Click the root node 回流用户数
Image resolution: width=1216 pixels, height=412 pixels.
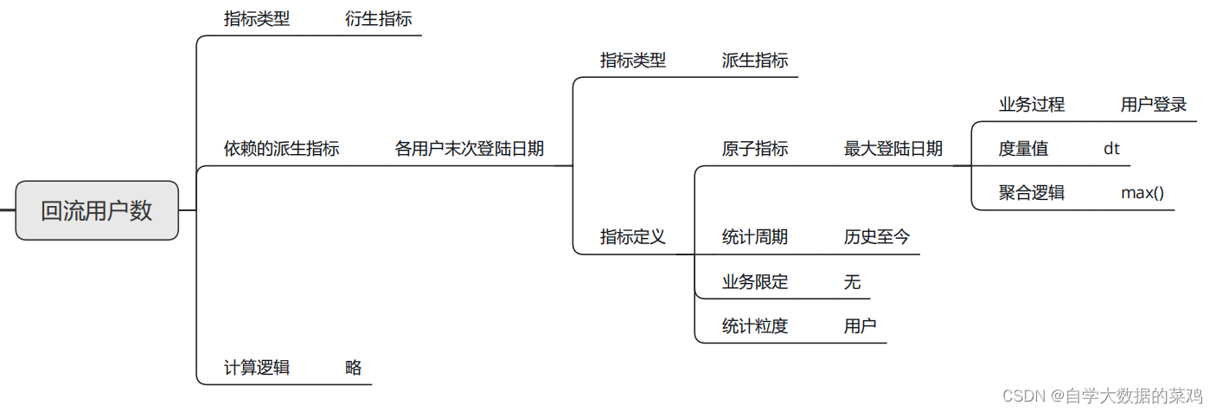[x=97, y=210]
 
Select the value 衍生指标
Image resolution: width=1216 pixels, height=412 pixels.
[x=378, y=19]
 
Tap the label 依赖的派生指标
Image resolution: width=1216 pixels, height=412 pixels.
[x=281, y=148]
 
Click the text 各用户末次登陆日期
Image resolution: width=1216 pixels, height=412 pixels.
[x=470, y=148]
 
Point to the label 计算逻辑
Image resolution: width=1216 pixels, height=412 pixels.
[x=257, y=367]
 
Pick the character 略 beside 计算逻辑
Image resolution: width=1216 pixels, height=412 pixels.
[x=353, y=367]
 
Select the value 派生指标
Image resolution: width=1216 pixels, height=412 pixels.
[x=755, y=61]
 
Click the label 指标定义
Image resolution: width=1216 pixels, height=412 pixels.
[x=633, y=236]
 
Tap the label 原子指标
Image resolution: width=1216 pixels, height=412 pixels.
[x=755, y=148]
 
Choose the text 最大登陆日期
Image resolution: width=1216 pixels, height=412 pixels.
[x=893, y=148]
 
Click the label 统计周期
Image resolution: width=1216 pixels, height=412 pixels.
[x=755, y=236]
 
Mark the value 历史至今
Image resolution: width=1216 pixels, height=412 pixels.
[x=877, y=236]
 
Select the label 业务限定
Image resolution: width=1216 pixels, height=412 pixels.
[x=755, y=281]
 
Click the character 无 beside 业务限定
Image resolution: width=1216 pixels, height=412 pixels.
[x=853, y=281]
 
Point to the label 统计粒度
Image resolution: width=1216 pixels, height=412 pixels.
[x=755, y=325]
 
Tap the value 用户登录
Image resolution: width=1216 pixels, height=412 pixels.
[x=1154, y=105]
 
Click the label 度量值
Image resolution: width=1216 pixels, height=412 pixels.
[x=1023, y=148]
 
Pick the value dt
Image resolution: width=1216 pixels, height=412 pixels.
[x=1111, y=148]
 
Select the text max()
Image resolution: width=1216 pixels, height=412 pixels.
[x=1142, y=192]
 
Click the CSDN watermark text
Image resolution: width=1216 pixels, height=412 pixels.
[x=1102, y=396]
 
